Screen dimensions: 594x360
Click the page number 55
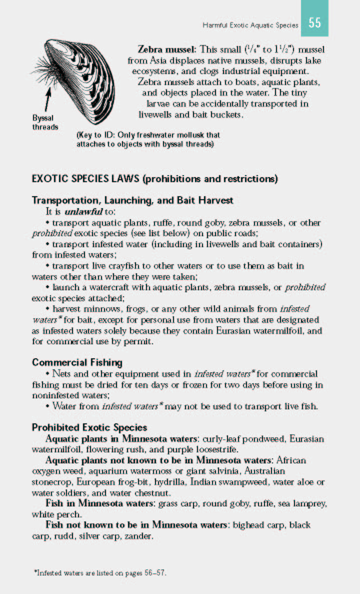314,23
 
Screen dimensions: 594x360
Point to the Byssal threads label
45,123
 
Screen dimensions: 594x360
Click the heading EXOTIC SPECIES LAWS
85,179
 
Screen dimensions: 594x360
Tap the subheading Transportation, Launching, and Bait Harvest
132,200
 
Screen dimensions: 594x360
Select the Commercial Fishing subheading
77,362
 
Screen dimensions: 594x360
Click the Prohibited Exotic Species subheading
89,427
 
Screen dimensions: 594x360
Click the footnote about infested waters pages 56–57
100,572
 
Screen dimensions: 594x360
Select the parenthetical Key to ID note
147,140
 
